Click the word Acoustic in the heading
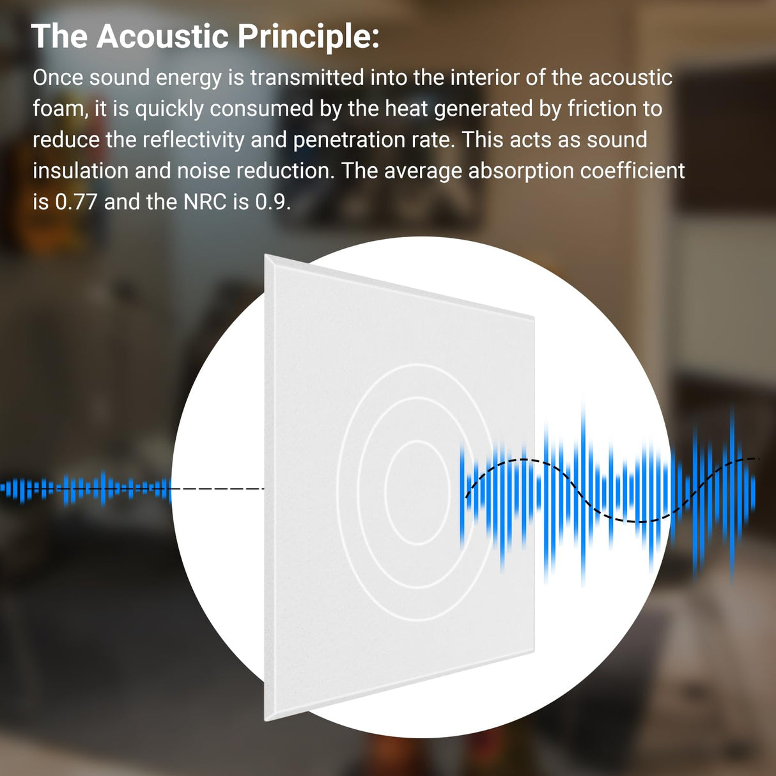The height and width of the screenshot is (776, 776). tap(162, 36)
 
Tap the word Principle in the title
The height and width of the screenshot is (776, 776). tap(308, 36)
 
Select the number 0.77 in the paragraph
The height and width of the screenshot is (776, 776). tap(76, 202)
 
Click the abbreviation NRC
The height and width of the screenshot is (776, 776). tap(205, 202)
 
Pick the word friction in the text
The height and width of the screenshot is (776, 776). tap(602, 109)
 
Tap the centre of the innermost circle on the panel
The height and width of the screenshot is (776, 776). tap(419, 492)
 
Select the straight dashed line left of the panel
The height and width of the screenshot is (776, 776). tap(217, 489)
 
